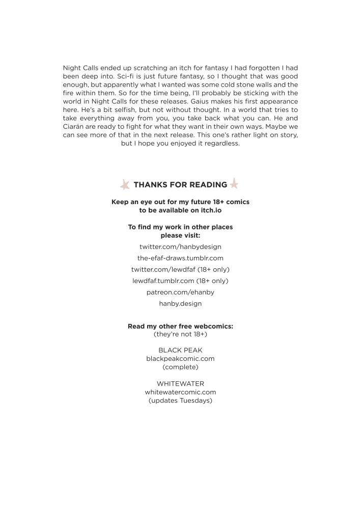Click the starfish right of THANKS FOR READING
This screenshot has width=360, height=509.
click(x=234, y=183)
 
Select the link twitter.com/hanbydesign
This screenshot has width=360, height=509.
click(x=180, y=246)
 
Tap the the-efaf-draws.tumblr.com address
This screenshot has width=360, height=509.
click(x=180, y=258)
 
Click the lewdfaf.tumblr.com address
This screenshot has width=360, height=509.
click(x=163, y=280)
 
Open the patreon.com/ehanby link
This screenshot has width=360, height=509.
click(x=180, y=292)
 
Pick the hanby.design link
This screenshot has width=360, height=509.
click(x=180, y=303)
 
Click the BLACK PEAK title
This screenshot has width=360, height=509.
click(x=180, y=350)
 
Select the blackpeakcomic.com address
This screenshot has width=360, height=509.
click(x=180, y=358)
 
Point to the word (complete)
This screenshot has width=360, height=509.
click(x=180, y=366)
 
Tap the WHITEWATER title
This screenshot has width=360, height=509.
click(x=180, y=383)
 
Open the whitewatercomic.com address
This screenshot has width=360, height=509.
click(x=180, y=392)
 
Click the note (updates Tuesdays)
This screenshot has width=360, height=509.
click(x=180, y=400)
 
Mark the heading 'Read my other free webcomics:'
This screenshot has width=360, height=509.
click(x=180, y=326)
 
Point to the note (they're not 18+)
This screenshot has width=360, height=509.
click(x=180, y=334)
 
